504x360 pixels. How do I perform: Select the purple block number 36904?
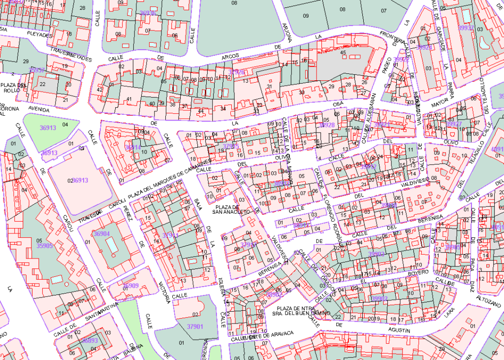point(101,233)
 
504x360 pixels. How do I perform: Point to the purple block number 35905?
point(44,245)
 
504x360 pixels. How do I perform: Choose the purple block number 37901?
point(195,327)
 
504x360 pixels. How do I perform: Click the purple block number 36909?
point(130,286)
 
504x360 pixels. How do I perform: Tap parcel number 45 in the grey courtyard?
point(343,53)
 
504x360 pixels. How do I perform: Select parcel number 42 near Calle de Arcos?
point(100,90)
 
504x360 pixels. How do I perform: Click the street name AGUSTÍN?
point(399,329)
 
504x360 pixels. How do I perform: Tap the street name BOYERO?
point(418,272)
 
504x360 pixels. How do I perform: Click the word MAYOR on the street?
point(440,104)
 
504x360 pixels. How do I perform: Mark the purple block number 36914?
point(133,147)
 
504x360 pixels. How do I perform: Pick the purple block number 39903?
point(377,254)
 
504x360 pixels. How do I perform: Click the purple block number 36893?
point(90,340)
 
